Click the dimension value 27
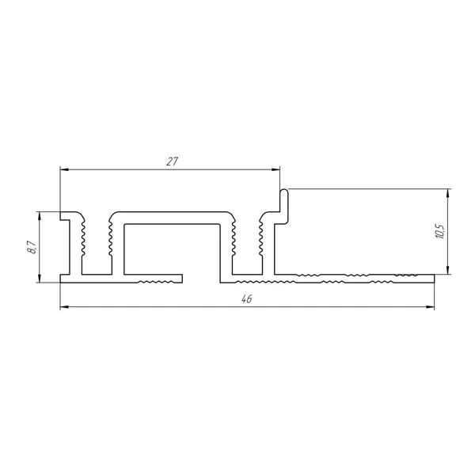(x=172, y=161)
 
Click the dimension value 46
(x=247, y=299)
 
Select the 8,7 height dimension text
(x=32, y=247)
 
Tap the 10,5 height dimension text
(x=440, y=232)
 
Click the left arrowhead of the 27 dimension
(x=64, y=169)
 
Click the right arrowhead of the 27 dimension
(x=276, y=169)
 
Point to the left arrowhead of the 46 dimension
(x=64, y=307)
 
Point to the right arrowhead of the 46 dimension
(x=431, y=307)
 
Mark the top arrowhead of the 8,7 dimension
(x=40, y=215)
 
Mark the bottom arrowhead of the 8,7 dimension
(x=40, y=279)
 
